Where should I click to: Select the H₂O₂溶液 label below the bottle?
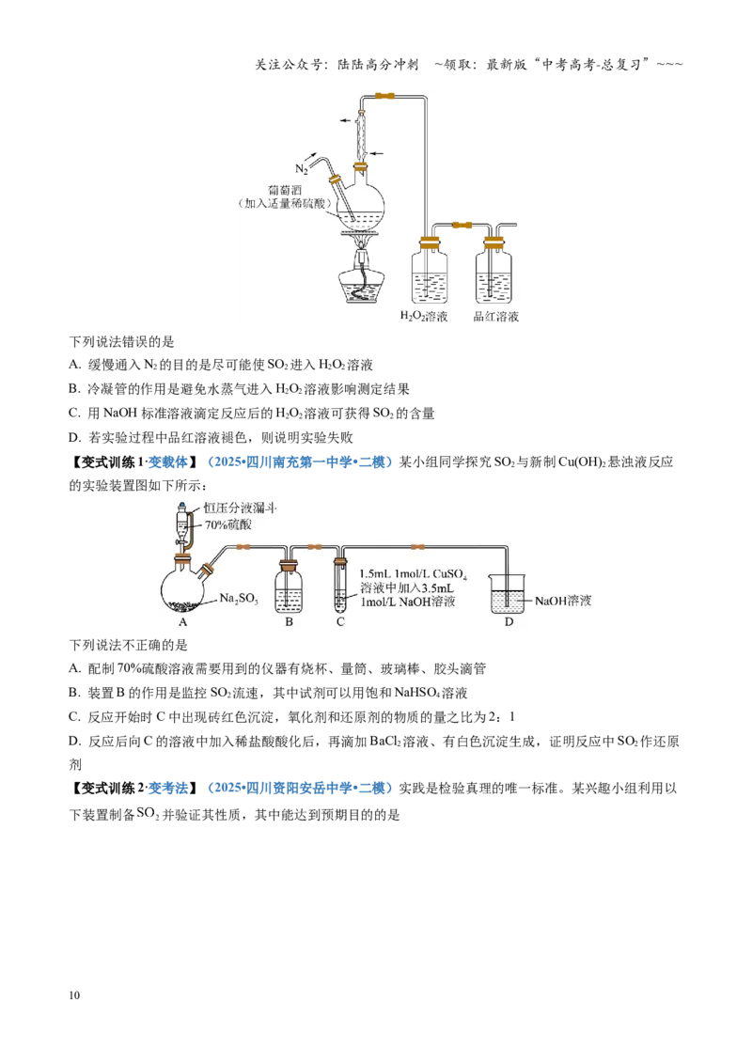pyautogui.click(x=424, y=316)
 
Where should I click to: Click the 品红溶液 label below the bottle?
pyautogui.click(x=496, y=316)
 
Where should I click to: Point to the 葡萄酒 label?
pyautogui.click(x=285, y=191)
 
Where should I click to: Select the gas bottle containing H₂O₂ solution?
pyautogui.click(x=431, y=270)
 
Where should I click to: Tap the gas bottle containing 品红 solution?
pyautogui.click(x=494, y=270)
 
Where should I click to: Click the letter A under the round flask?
pyautogui.click(x=182, y=621)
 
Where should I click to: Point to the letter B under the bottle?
pyautogui.click(x=290, y=621)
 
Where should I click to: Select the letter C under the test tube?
pyautogui.click(x=340, y=621)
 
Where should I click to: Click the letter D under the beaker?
pyautogui.click(x=509, y=621)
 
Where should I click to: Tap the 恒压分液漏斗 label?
pyautogui.click(x=240, y=508)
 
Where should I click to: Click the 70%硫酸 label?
pyautogui.click(x=228, y=524)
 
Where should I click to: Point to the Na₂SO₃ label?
pyautogui.click(x=238, y=599)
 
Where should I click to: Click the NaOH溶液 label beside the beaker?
pyautogui.click(x=563, y=601)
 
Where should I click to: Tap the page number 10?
pyautogui.click(x=74, y=994)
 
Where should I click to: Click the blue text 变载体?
pyautogui.click(x=167, y=462)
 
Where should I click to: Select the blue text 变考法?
pyautogui.click(x=167, y=788)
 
